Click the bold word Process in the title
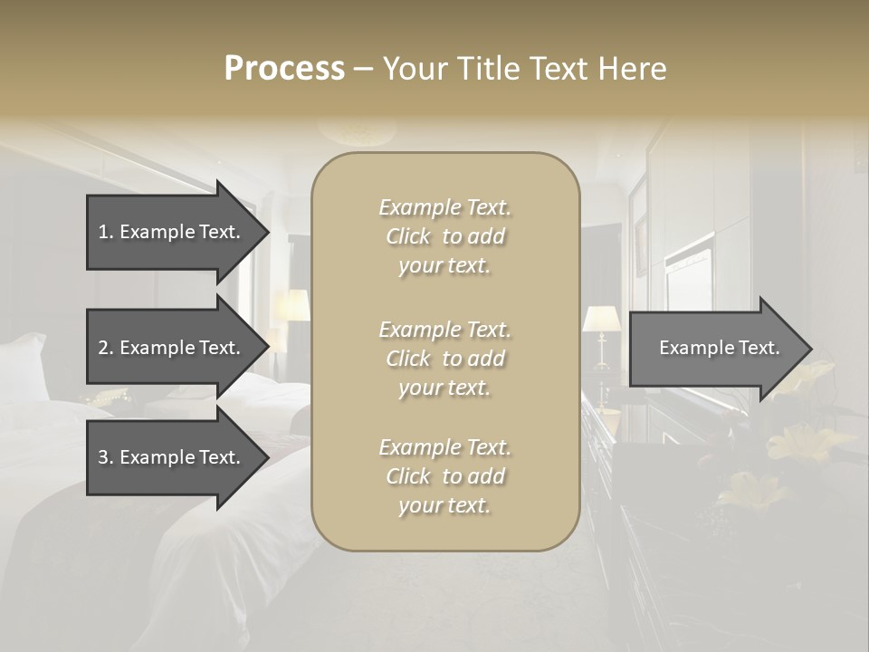click(284, 68)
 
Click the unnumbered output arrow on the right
click(711, 348)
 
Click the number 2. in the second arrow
click(105, 348)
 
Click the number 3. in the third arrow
click(105, 457)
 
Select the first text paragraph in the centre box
click(444, 236)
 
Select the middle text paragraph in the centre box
click(444, 359)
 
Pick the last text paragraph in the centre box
click(444, 476)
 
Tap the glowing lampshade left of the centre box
click(291, 306)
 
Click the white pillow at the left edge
click(25, 367)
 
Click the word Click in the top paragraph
click(408, 236)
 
